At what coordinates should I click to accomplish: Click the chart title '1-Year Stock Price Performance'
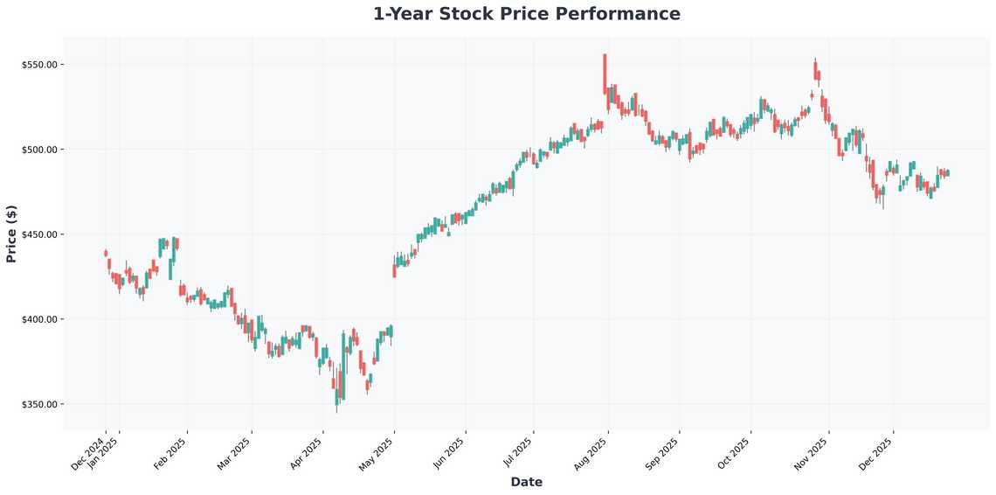pos(526,14)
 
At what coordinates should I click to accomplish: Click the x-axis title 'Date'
pos(526,482)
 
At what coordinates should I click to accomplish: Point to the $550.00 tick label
pos(40,65)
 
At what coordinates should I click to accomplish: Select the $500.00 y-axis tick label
pos(40,150)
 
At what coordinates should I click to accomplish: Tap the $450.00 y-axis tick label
pos(40,234)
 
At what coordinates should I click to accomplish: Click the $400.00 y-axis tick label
pos(40,319)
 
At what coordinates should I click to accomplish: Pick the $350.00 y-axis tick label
pos(40,404)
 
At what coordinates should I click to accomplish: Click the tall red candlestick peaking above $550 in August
pos(605,74)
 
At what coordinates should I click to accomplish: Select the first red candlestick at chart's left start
pos(106,254)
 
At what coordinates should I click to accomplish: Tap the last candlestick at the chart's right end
pos(947,173)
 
